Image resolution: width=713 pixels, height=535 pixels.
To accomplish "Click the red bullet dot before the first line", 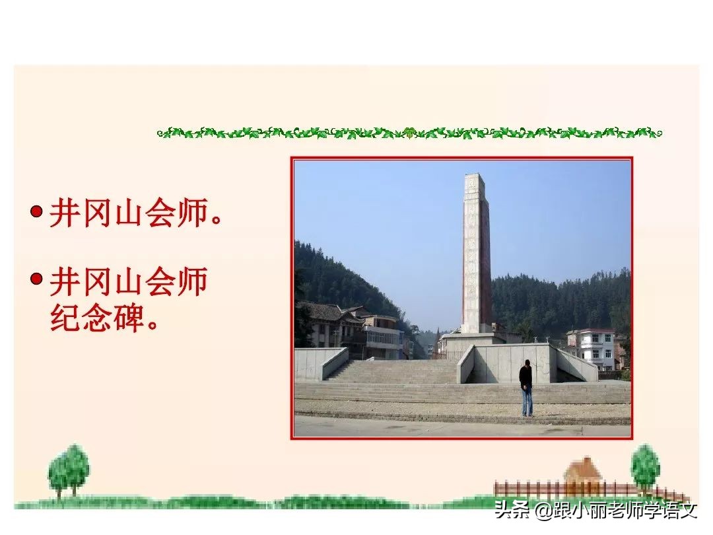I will point(38,212).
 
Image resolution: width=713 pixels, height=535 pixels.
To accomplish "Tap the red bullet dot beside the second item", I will point(38,279).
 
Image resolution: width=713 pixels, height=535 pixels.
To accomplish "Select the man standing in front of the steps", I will point(526,387).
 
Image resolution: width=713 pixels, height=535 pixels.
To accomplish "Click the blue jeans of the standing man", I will point(526,401).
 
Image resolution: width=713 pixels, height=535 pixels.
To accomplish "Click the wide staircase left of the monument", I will point(396,371).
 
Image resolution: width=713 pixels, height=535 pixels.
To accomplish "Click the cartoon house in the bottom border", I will point(583,472).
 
